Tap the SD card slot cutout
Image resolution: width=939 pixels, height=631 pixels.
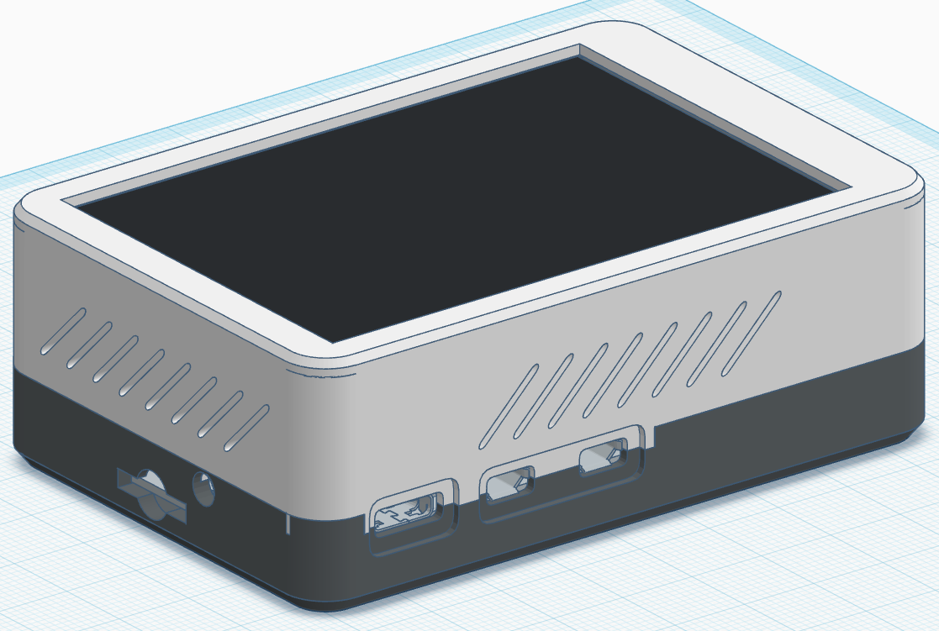tap(150, 495)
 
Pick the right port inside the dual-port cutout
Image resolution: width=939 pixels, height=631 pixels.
tap(603, 458)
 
